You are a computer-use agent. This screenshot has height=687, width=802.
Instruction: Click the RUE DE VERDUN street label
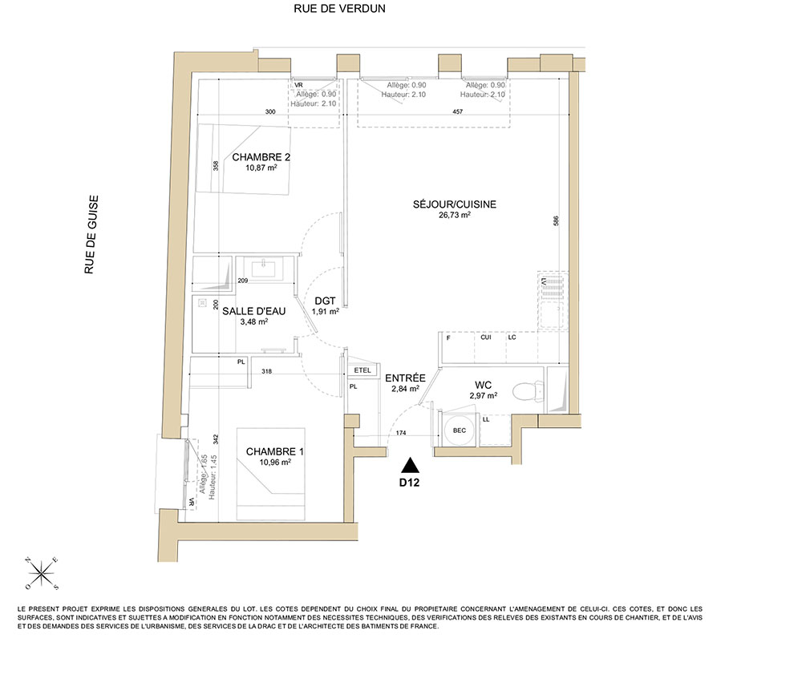coord(339,9)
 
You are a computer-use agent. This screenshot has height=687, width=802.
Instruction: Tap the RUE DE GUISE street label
coord(91,235)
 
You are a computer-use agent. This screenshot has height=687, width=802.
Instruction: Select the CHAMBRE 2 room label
coord(261,157)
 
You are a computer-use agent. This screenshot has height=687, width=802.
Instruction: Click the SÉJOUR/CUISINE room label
coord(454,204)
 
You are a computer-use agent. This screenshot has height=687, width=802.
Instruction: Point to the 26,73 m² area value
coord(454,215)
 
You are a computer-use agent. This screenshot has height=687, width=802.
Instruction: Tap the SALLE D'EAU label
coord(253,311)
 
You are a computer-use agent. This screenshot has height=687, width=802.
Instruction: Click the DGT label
coord(326,301)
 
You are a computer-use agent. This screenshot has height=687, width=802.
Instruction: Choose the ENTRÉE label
coord(405,378)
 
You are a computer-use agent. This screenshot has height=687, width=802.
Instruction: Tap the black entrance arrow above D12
coord(410,465)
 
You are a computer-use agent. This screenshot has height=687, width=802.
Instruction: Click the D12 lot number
coord(409,482)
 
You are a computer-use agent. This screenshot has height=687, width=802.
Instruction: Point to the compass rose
coord(42,573)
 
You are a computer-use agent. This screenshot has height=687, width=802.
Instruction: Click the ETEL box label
coord(363,370)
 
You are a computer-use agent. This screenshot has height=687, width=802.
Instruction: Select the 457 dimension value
coord(458,111)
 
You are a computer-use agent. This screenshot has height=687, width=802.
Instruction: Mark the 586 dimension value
coord(556,220)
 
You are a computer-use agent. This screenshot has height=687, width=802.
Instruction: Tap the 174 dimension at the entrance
coord(401,433)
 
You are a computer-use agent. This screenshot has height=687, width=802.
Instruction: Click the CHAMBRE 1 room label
coord(274,451)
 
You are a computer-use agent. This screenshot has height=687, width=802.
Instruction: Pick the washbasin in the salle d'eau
coord(263,269)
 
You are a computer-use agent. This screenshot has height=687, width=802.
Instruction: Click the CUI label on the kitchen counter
coord(486,337)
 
